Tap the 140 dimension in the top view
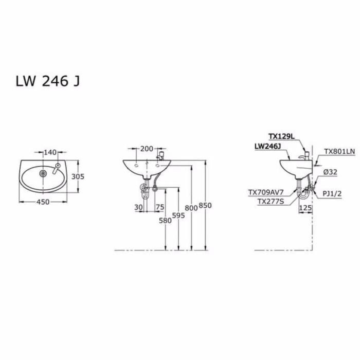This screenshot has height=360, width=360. pyautogui.click(x=49, y=152)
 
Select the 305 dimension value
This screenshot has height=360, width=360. pyautogui.click(x=77, y=176)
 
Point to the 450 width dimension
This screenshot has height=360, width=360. pyautogui.click(x=43, y=202)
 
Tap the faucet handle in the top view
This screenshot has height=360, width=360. pyautogui.click(x=58, y=167)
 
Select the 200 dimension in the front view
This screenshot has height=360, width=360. pyautogui.click(x=147, y=149)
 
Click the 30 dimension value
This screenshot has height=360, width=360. pyautogui.click(x=138, y=207)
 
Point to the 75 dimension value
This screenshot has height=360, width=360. pyautogui.click(x=159, y=207)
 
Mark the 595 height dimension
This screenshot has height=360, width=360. pyautogui.click(x=178, y=215)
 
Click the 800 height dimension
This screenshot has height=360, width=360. pyautogui.click(x=191, y=208)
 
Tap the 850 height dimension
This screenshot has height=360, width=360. pyautogui.click(x=205, y=205)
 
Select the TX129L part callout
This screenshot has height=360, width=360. pyautogui.click(x=281, y=136)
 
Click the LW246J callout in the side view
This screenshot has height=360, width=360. pyautogui.click(x=266, y=147)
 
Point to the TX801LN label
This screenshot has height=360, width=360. pyautogui.click(x=339, y=152)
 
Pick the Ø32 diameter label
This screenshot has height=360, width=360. pyautogui.click(x=331, y=173)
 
